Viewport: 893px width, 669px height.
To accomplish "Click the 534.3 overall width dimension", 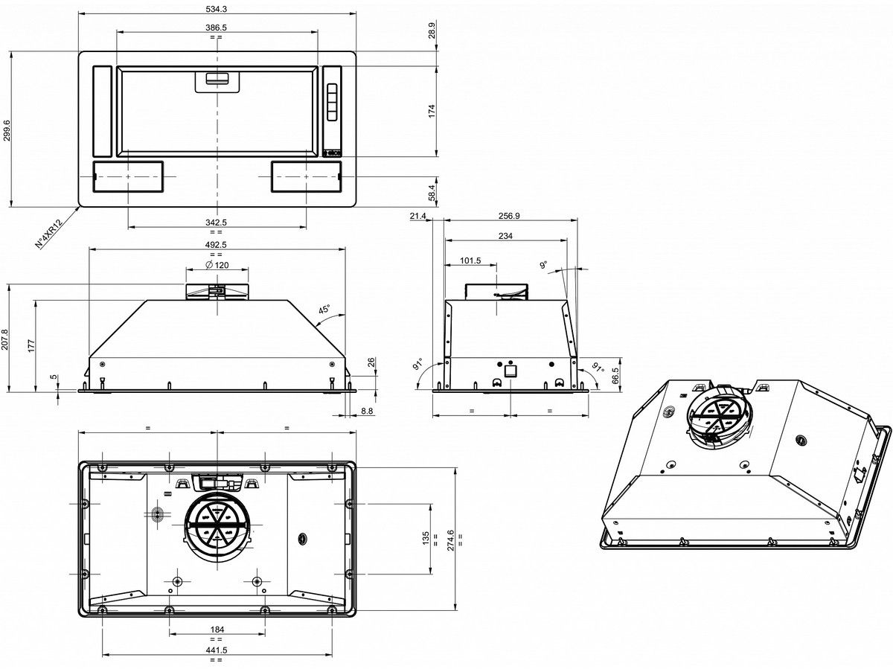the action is pos(216,9).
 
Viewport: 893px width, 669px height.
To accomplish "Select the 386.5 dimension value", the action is pos(216,28).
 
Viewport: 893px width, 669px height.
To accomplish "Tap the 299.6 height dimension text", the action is pos(7,130).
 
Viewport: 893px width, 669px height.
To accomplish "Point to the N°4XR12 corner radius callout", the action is pos(48,234).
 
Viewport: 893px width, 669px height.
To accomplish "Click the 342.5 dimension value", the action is pos(216,223).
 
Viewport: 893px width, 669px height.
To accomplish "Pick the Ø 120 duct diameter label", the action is pos(217,265).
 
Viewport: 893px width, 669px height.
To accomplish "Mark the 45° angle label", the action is pos(324,310).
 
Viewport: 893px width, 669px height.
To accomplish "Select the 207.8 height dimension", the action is pos(4,339).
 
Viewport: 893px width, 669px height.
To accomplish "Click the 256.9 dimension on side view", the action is pos(509,216).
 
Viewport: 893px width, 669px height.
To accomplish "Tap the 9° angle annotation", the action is pos(543,265).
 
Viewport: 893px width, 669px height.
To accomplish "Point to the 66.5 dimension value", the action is pos(615,376).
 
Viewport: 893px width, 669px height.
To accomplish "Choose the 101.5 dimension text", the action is pos(470,260).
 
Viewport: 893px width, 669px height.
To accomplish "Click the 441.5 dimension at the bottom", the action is pos(216,650).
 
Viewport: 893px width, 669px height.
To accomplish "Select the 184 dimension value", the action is pos(217,629).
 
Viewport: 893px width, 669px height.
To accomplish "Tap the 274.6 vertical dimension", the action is pos(450,540).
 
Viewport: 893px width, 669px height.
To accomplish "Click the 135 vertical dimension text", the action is pos(426,538).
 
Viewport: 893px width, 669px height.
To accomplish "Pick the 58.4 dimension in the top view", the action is pos(432,192).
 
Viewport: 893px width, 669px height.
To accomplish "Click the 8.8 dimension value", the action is pos(367,411).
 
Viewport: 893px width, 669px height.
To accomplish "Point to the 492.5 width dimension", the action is pos(216,244).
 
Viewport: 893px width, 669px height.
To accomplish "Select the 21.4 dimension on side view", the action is pos(417,216).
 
